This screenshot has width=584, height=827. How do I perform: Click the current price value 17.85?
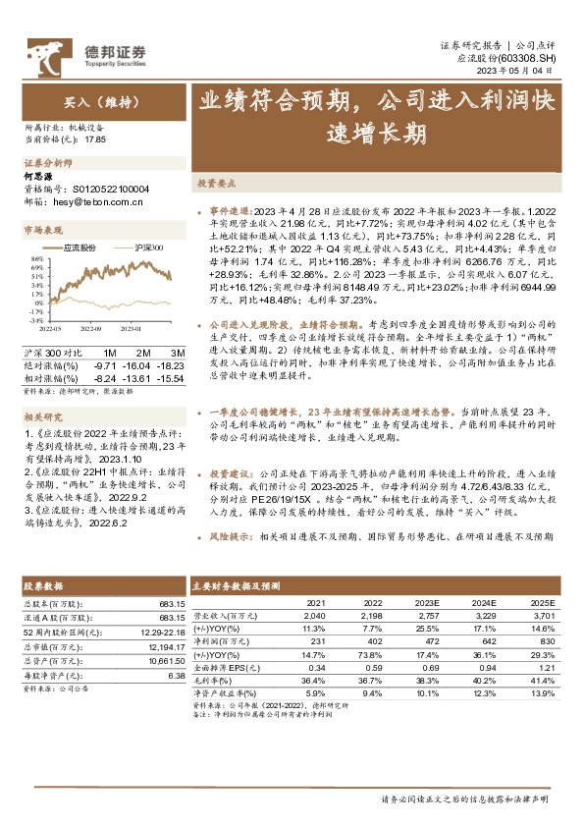click(95, 139)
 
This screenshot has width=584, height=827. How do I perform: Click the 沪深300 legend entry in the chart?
click(148, 250)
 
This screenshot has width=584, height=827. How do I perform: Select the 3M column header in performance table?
click(178, 353)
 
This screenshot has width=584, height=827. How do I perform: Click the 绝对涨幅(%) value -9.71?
click(106, 363)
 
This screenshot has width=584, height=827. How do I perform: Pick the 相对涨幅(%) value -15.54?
click(171, 376)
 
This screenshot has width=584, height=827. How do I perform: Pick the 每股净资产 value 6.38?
click(177, 677)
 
